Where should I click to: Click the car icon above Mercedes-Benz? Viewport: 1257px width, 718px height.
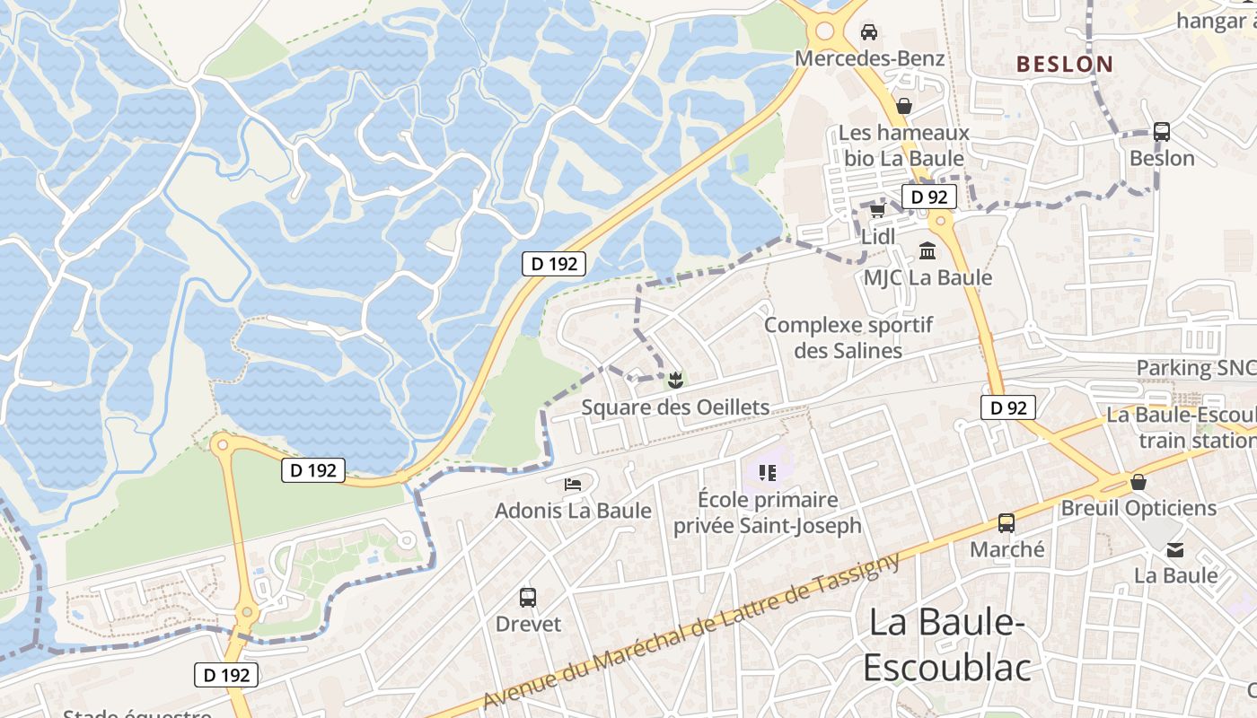[x=869, y=32]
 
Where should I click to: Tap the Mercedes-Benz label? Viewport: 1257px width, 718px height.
[x=870, y=59]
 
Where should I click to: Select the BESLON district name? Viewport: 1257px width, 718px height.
[x=1065, y=65]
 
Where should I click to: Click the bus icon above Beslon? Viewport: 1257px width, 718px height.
[x=1162, y=132]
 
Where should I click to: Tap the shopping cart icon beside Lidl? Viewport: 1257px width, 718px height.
[x=877, y=211]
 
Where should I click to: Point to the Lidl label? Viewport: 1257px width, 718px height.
[x=878, y=237]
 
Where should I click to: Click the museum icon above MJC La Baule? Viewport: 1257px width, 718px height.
[x=927, y=250]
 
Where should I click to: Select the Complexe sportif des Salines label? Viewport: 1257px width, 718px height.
[x=848, y=337]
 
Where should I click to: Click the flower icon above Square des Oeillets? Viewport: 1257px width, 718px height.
[x=675, y=381]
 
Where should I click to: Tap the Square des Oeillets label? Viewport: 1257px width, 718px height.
[x=675, y=407]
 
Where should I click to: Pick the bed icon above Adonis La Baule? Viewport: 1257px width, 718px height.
[x=573, y=485]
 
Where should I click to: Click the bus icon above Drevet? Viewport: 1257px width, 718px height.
[x=528, y=597]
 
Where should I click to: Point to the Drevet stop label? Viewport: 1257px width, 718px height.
[x=528, y=624]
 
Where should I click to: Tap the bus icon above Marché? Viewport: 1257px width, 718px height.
[x=1006, y=522]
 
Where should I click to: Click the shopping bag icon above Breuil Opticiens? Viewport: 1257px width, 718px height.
[x=1138, y=482]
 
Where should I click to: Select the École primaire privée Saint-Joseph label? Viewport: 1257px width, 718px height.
[x=768, y=512]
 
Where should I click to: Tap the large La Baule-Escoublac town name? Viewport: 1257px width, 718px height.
[x=947, y=644]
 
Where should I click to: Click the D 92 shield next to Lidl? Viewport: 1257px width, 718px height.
[x=928, y=197]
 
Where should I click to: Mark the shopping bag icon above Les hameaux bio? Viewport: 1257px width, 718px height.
[x=904, y=106]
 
